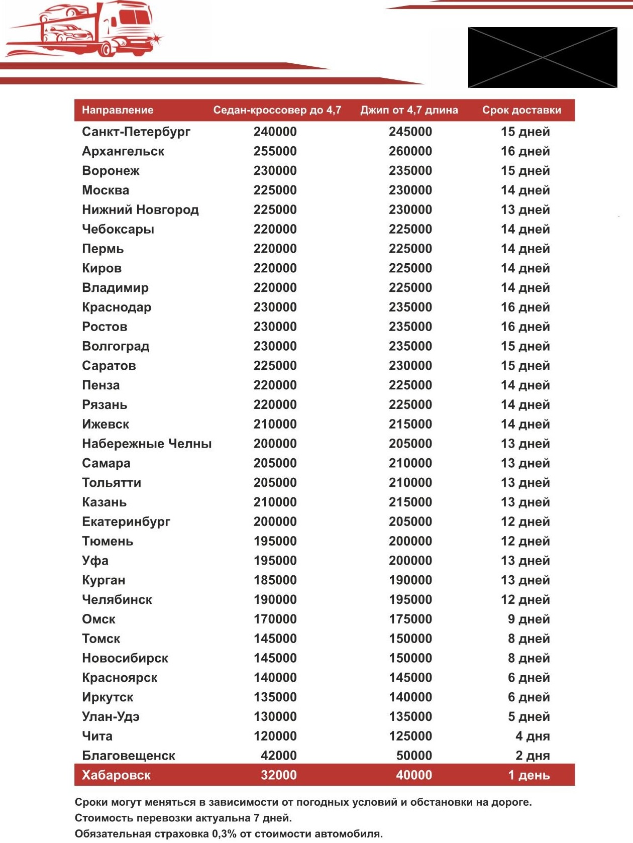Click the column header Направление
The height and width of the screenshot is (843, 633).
[x=118, y=110]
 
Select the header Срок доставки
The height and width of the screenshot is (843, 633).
[x=521, y=110]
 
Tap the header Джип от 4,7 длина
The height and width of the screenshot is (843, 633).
[x=409, y=110]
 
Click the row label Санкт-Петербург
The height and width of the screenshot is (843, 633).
[x=136, y=132]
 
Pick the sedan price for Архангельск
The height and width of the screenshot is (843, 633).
[x=275, y=151]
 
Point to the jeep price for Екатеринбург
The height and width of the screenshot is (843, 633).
[x=410, y=521]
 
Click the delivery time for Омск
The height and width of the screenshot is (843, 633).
[x=529, y=619]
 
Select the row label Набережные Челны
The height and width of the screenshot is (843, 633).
[x=147, y=444]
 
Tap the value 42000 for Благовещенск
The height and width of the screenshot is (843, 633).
[x=278, y=756]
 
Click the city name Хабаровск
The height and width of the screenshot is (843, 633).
[x=116, y=775]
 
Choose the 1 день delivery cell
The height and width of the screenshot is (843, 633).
[x=529, y=775]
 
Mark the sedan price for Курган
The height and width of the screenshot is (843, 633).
[x=275, y=580]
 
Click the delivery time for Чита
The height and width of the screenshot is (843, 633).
[x=533, y=736]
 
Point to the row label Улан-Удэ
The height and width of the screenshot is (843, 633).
[x=111, y=716]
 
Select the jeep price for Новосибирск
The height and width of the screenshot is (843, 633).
[x=410, y=658]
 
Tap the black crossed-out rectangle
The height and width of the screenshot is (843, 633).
[x=543, y=58]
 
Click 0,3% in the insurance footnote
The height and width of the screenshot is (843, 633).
[x=224, y=834]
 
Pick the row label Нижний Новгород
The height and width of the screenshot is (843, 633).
[x=140, y=209]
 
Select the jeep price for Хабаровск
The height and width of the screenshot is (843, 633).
[x=413, y=775]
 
